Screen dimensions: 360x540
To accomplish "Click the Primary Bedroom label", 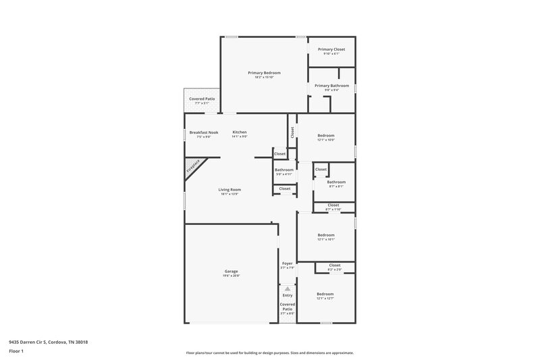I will click(x=264, y=73).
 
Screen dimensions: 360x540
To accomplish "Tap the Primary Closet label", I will click(x=331, y=49).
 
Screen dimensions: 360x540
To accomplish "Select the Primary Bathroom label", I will click(x=331, y=86).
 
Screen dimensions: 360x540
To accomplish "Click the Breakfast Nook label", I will click(x=204, y=132).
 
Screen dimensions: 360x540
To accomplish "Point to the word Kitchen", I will click(x=240, y=132).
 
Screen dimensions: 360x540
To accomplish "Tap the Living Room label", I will click(x=230, y=190).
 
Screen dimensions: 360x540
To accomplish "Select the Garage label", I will click(x=232, y=272).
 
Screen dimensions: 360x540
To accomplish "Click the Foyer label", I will click(x=288, y=263).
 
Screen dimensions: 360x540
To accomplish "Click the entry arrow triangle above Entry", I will click(x=288, y=288).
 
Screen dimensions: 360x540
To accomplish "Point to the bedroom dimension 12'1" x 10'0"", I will click(x=326, y=140).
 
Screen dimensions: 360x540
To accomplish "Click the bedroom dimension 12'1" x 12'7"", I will click(x=326, y=299).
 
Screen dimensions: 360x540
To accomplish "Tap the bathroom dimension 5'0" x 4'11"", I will click(x=284, y=174).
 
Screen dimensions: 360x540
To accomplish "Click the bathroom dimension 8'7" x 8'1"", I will click(x=336, y=186).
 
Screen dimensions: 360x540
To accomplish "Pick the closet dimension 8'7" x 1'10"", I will click(x=333, y=209).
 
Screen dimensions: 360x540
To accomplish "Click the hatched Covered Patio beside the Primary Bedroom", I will click(x=201, y=101).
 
